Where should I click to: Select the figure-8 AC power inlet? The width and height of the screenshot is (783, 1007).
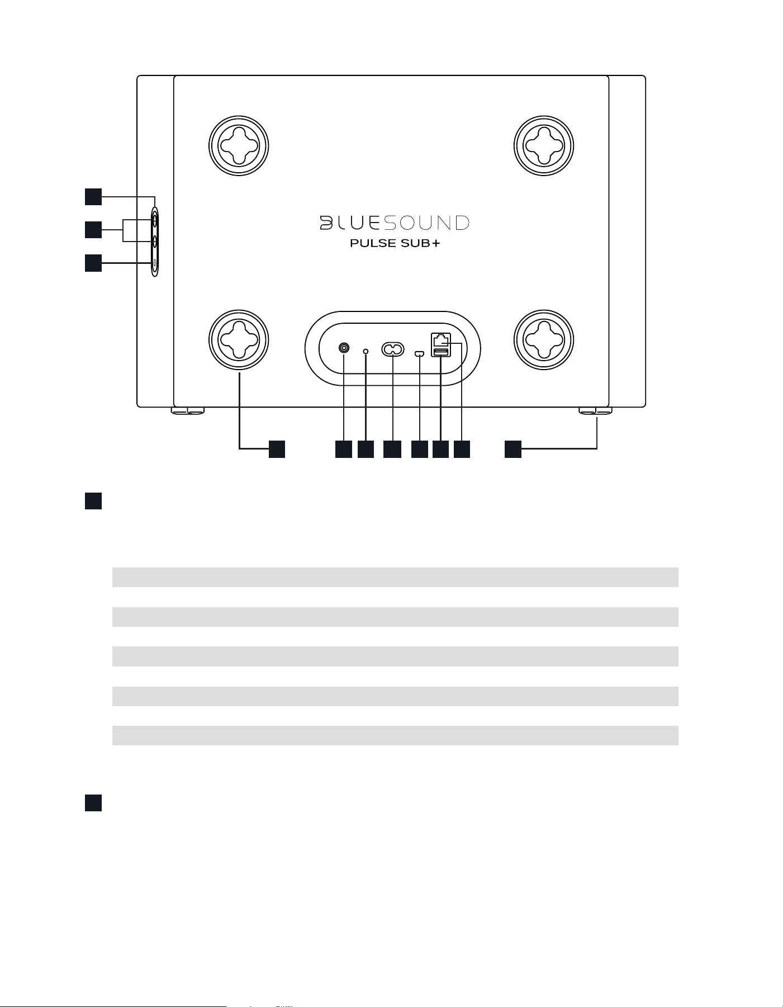click(393, 349)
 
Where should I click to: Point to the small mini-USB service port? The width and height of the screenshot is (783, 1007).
click(420, 353)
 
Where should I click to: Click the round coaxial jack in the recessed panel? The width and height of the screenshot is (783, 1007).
click(344, 348)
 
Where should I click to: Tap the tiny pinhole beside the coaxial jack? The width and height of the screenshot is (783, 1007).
click(366, 351)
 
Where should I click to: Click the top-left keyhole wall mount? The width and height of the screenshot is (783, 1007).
click(239, 145)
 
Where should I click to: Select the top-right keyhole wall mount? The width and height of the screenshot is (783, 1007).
click(544, 145)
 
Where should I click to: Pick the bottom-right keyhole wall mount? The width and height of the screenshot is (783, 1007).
click(544, 339)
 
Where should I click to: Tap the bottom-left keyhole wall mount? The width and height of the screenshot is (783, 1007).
click(239, 339)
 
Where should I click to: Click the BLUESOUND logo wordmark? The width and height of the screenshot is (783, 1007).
click(395, 223)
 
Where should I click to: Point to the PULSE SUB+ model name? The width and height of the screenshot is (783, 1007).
click(395, 244)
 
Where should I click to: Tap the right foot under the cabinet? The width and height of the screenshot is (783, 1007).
click(596, 411)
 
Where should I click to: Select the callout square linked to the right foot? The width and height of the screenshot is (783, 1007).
click(513, 449)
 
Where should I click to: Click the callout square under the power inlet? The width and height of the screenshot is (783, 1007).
click(392, 449)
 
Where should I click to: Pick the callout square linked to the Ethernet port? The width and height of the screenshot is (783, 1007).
click(462, 449)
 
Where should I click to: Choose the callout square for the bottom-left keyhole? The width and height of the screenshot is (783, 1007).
click(277, 449)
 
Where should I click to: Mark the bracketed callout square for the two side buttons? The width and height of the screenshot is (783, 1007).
click(93, 230)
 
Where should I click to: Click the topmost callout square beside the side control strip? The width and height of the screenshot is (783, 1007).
click(93, 197)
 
